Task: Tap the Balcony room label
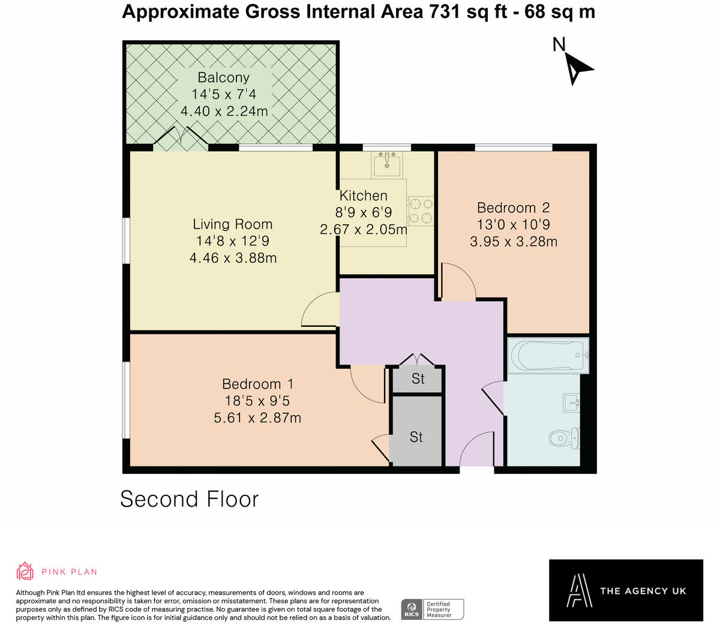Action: coord(223,77)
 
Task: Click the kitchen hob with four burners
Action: coord(420,211)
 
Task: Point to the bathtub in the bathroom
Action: coord(547,356)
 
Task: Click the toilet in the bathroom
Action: coord(564,438)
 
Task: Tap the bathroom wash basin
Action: coord(571,403)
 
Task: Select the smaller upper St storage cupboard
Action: coord(418,379)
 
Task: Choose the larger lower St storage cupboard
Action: coord(416,437)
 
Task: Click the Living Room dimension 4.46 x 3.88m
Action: coord(233,258)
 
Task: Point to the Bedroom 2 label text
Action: coord(513,208)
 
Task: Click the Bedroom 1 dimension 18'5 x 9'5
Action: coord(257,401)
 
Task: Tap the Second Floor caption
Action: coord(190,499)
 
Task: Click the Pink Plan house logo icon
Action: coord(25,571)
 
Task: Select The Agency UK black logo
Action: coord(626,591)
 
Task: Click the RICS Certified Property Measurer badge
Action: coord(432,609)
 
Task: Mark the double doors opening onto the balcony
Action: coord(181,137)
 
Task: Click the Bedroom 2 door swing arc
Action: coord(459,282)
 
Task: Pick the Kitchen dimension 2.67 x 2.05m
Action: coord(364,229)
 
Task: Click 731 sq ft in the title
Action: coord(473,11)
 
